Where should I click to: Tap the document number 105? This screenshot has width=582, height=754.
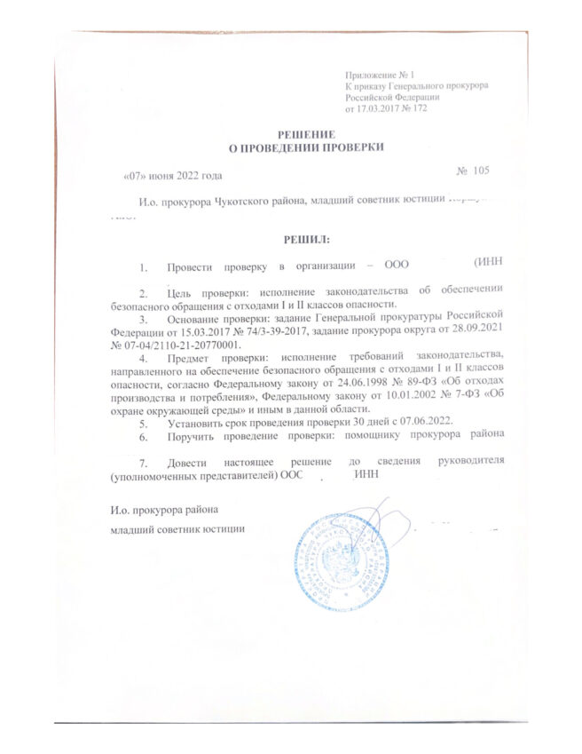480,170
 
